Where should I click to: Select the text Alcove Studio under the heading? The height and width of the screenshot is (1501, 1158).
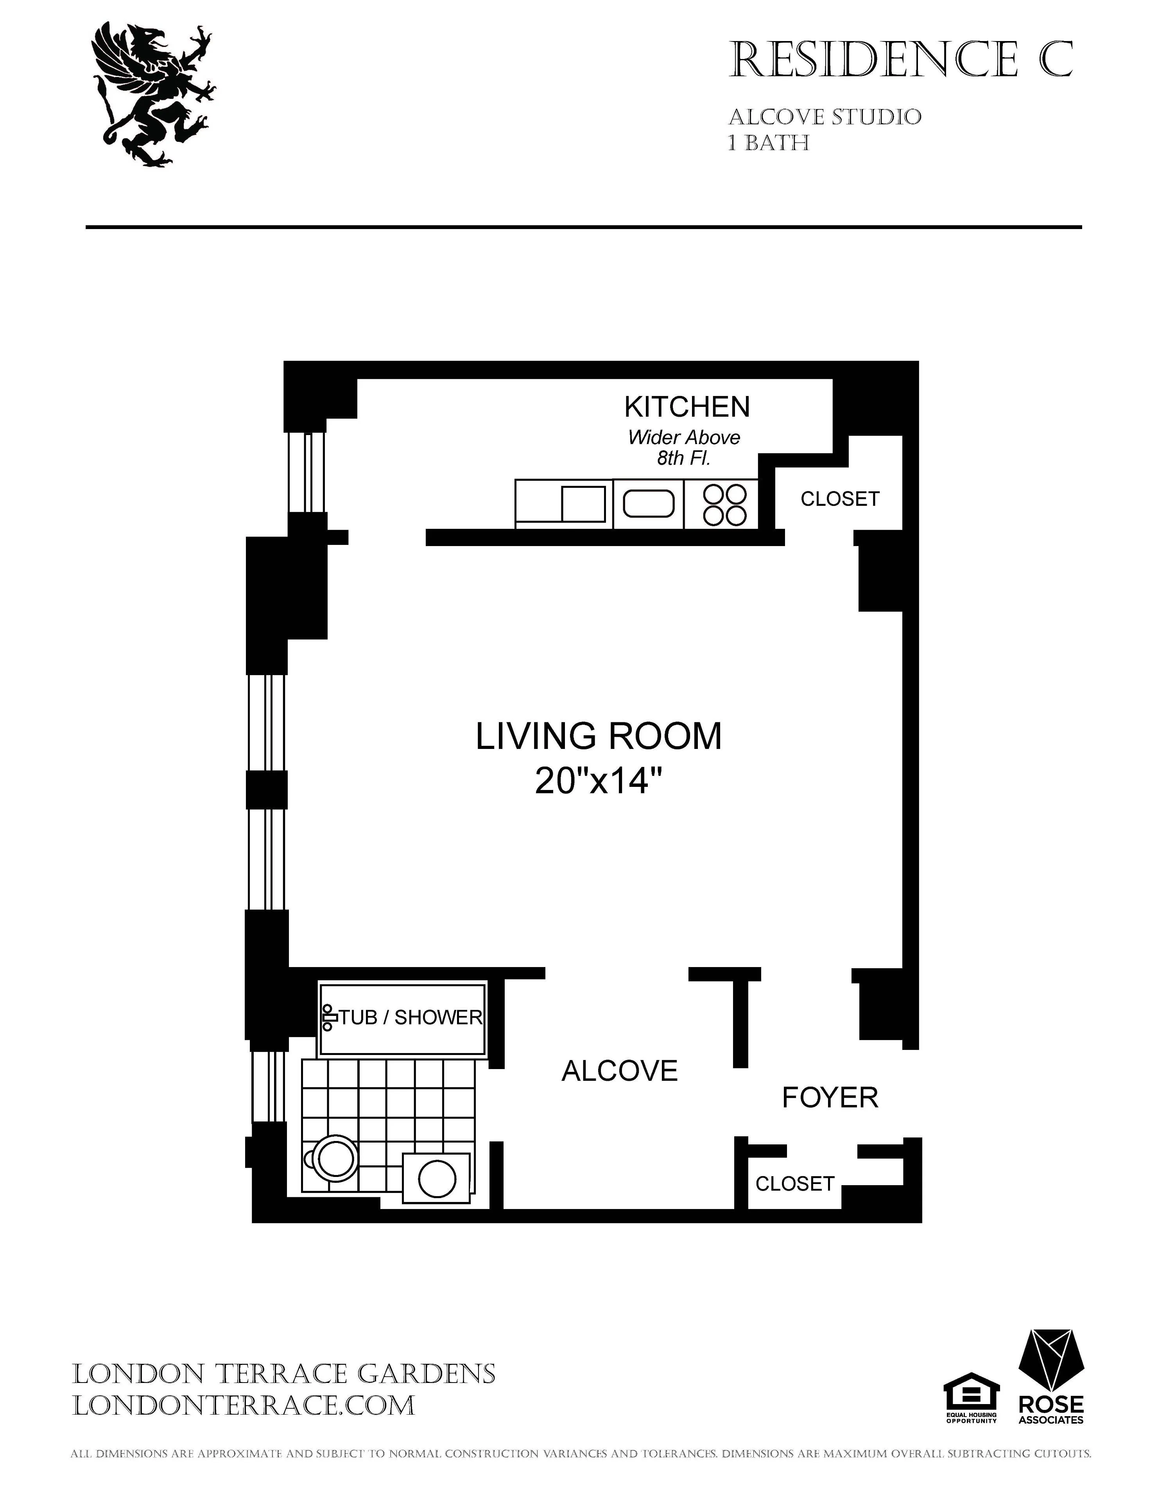(x=824, y=118)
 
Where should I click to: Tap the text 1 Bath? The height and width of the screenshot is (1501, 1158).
(x=768, y=143)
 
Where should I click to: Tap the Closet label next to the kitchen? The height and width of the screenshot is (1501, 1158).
(x=839, y=499)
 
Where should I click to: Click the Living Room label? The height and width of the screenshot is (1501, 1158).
(x=599, y=736)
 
